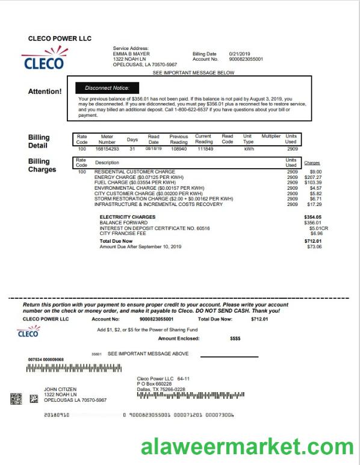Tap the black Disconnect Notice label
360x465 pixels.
(107, 88)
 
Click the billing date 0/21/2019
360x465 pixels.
(240, 54)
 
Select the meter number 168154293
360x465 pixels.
(107, 148)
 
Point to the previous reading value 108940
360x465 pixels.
(179, 148)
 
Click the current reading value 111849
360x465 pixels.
(205, 148)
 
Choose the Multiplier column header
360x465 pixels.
(271, 136)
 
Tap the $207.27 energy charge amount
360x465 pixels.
(313, 177)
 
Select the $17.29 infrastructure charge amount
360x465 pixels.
(314, 204)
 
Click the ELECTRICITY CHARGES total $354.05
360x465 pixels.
(312, 217)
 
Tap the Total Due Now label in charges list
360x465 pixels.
(116, 241)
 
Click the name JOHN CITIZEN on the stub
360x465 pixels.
(60, 389)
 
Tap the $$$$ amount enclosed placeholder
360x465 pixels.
(235, 339)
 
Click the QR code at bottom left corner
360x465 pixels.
(16, 399)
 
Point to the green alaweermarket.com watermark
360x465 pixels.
(247, 447)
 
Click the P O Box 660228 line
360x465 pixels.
(154, 384)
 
